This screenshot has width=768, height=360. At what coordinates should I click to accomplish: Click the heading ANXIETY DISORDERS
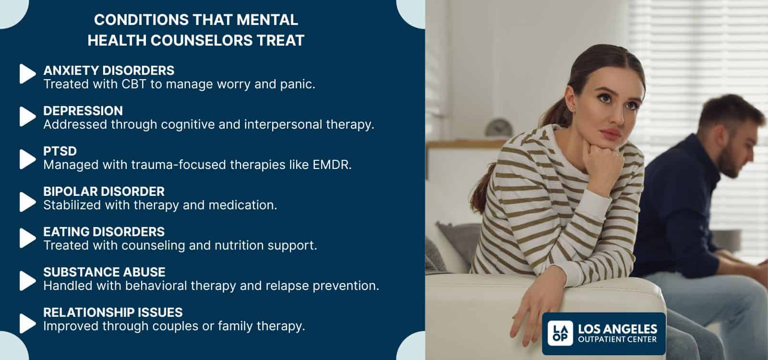coord(108,71)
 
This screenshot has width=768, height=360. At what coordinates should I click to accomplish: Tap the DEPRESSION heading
coord(83,111)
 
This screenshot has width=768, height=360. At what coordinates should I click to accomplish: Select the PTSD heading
coord(60,151)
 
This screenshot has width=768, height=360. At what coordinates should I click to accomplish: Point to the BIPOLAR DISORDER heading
coord(104,192)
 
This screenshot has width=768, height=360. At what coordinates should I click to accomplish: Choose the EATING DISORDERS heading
coord(104,232)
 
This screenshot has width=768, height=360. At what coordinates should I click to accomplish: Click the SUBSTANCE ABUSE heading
coord(104,272)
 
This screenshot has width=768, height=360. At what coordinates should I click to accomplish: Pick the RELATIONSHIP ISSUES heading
coord(113,312)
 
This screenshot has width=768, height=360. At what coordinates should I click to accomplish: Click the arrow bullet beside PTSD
coord(27,159)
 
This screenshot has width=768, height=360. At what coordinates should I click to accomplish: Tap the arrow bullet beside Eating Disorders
coord(27,238)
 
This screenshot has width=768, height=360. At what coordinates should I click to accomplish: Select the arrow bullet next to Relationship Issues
coord(27,323)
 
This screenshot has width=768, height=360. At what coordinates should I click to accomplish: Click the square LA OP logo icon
coord(560,334)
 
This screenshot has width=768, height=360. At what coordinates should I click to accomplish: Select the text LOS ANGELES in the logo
coord(618,329)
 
